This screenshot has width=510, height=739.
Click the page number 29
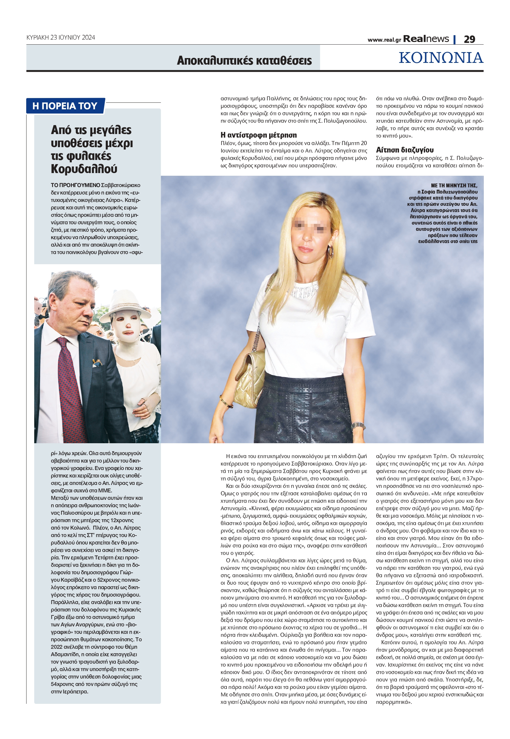469,39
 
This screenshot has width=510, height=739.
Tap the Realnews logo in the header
426,39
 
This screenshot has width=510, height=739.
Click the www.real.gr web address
384,40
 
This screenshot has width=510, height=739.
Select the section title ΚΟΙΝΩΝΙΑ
441,58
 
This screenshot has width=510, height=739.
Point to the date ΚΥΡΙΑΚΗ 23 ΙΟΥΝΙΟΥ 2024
61,38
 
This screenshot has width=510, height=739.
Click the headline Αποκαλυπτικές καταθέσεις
244,60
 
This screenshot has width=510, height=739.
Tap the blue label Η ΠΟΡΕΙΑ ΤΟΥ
65,106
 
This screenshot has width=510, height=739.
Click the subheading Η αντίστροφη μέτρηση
258,135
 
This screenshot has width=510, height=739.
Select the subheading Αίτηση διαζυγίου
405,150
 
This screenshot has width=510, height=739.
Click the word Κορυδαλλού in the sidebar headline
84,169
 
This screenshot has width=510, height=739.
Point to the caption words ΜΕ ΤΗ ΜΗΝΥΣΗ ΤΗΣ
454,185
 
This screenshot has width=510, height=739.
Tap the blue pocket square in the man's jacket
97,363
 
